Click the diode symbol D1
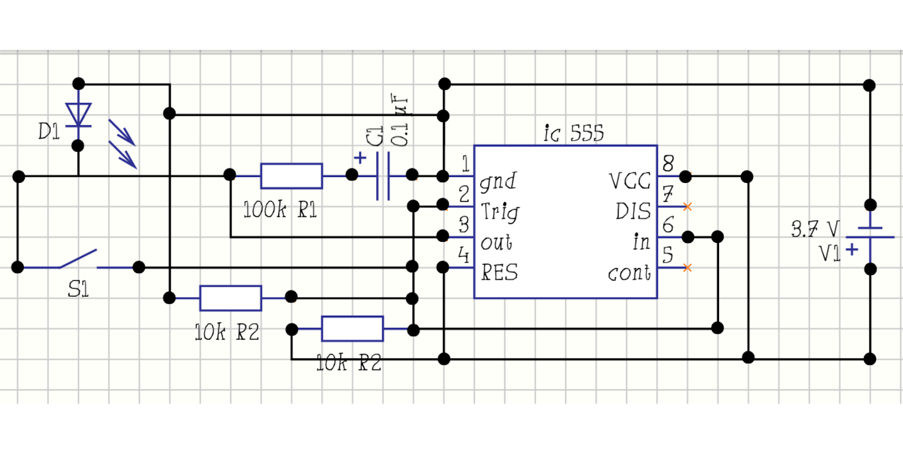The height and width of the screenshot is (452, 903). pos(78,115)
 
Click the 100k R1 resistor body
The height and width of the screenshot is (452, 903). pos(291,176)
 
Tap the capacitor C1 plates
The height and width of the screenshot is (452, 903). pos(383,176)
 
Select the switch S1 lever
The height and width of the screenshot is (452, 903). pos(78,259)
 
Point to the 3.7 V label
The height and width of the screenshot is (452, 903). pos(814,229)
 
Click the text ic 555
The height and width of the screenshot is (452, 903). pos(573,133)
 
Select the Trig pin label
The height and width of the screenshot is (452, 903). pos(499,212)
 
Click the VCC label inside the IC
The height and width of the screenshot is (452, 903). pos(630,181)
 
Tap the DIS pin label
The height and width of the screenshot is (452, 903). pos(633,211)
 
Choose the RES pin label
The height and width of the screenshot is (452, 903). pos(499,272)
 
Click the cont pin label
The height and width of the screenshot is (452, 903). pos(629,273)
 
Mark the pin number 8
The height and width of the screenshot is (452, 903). pos(668,164)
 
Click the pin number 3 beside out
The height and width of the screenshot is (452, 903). pos(464,224)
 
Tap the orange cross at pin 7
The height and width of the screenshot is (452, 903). pos(687,207)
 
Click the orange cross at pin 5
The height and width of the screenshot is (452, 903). pos(687,268)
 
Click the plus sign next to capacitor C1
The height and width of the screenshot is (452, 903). pos(360,158)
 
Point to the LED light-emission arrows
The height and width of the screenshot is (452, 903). pos(122,144)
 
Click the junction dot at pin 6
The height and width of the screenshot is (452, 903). pos(687,237)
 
